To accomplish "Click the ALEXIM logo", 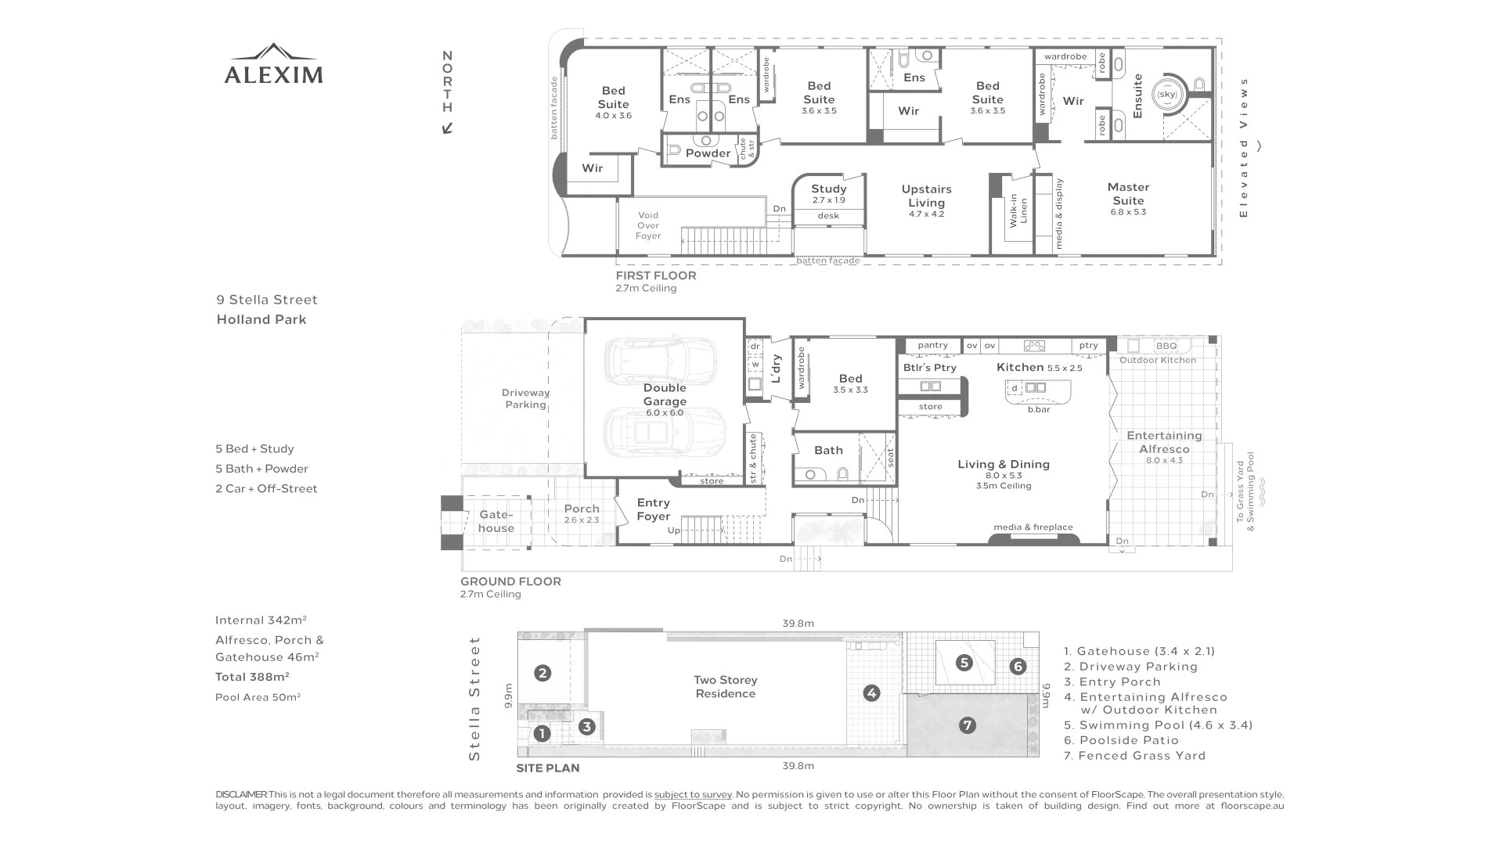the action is tap(273, 63).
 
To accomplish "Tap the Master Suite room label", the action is tap(1128, 194).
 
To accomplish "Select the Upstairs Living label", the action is tap(926, 196).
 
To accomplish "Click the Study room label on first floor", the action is tap(828, 189).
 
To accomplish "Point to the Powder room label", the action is tap(708, 153).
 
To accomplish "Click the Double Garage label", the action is tap(665, 394).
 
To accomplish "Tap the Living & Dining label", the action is tap(1004, 464).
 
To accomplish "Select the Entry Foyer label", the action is tap(653, 509).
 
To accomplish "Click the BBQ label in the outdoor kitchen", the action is tap(1166, 346).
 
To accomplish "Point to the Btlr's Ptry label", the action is tap(929, 368).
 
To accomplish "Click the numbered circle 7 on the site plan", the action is tap(968, 725).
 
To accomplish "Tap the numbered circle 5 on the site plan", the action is tap(964, 663).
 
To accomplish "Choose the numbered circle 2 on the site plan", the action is tap(542, 673).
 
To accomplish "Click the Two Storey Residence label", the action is tap(726, 687).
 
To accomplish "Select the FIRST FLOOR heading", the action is tap(656, 275).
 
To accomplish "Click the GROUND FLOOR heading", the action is tap(510, 581).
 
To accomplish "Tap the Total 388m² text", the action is tap(252, 677).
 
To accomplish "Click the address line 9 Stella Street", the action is tap(267, 300).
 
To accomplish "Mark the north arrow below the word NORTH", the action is tap(447, 128).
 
